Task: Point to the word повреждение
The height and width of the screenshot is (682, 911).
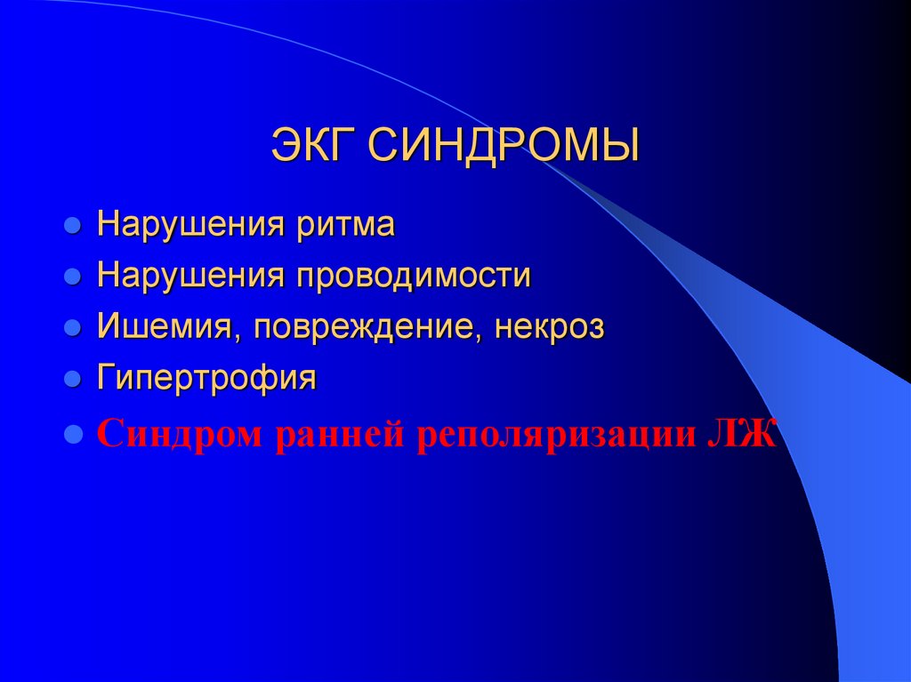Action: coord(369,327)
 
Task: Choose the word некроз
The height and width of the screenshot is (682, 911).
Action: coord(550,327)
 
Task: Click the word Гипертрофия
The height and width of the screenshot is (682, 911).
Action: coord(207,379)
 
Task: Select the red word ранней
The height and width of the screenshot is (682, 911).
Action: coord(338,436)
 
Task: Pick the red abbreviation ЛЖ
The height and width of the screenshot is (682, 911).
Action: coord(743,436)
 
